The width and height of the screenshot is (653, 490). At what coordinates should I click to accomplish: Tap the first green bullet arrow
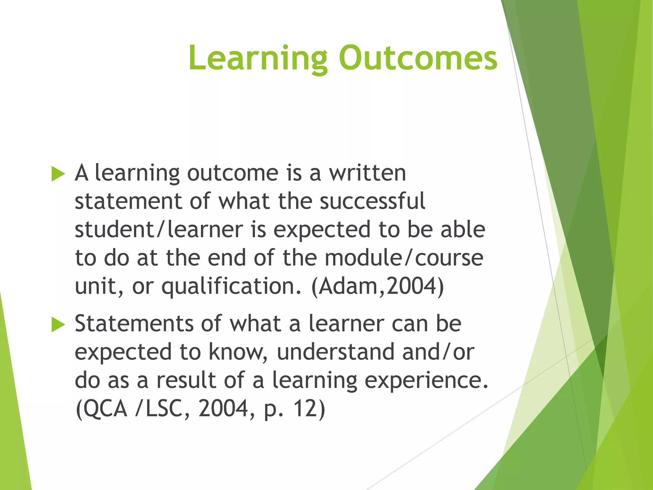[x=58, y=174]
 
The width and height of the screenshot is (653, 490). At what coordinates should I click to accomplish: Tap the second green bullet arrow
[x=58, y=325]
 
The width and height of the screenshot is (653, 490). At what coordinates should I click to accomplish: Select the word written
[x=367, y=173]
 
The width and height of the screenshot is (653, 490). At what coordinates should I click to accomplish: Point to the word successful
[x=372, y=201]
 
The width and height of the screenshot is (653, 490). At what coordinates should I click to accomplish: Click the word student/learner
[x=159, y=230]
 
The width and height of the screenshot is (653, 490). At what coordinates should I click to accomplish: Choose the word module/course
[x=404, y=258]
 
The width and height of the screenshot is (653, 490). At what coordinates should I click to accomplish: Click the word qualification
[x=231, y=286]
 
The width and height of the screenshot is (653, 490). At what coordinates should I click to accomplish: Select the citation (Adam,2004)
[x=378, y=286]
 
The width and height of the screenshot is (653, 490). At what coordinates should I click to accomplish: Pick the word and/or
[x=438, y=352]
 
